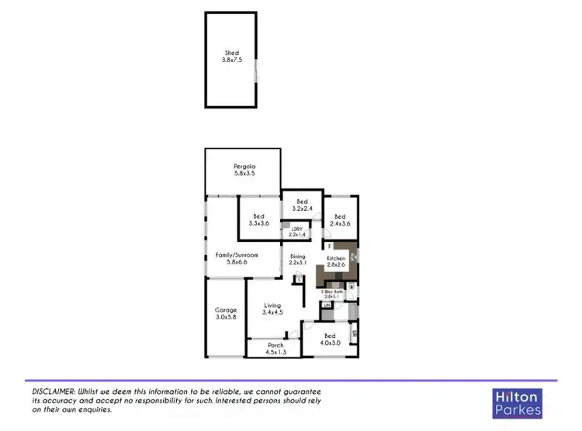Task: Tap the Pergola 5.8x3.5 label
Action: tap(245, 170)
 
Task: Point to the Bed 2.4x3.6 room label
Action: tap(341, 219)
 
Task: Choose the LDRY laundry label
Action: tap(296, 230)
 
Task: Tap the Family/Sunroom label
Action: tap(237, 258)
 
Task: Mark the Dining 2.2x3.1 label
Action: tap(298, 260)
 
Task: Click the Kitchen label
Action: tap(336, 260)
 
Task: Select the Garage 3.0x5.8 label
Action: tap(226, 313)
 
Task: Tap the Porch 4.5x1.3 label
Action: tap(275, 348)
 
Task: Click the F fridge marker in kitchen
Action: tap(330, 247)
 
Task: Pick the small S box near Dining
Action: tap(298, 278)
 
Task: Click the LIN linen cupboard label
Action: tap(327, 305)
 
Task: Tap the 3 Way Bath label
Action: tap(333, 293)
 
